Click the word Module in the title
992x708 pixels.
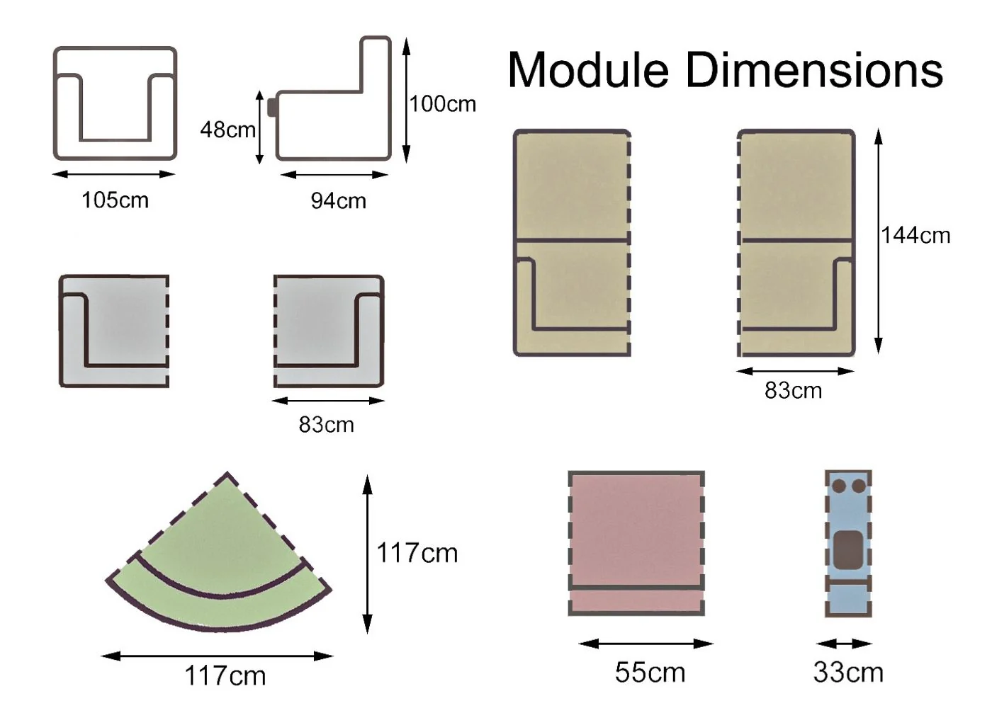point(588,71)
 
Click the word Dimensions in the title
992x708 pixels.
point(814,71)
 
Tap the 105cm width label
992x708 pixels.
point(115,200)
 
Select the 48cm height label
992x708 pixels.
point(227,130)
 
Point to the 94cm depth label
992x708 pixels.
point(338,201)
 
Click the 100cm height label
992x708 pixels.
point(443,104)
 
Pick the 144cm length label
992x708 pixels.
point(915,235)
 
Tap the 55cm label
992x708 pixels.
point(650,673)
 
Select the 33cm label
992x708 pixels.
point(848,673)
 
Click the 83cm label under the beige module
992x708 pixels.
point(793,391)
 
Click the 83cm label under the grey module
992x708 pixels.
point(326,425)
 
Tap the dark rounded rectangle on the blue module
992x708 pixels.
point(847,551)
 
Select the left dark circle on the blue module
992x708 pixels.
point(839,486)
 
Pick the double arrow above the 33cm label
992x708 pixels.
point(843,644)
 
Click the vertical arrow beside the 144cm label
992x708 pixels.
point(879,241)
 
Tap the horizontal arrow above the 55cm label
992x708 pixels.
point(646,644)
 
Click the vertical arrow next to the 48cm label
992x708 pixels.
point(259,127)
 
